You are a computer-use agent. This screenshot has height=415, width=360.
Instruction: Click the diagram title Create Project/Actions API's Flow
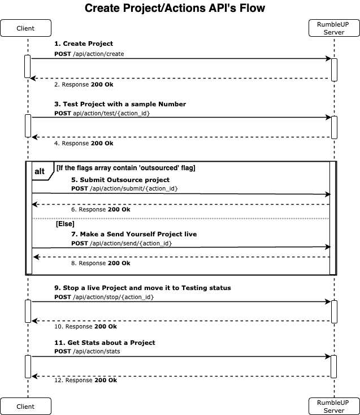pyautogui.click(x=175, y=8)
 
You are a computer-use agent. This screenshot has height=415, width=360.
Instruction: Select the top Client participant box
pyautogui.click(x=25, y=28)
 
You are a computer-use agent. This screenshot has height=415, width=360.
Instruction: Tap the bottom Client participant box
pyautogui.click(x=25, y=407)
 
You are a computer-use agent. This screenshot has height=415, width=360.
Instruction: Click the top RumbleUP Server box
pyautogui.click(x=334, y=28)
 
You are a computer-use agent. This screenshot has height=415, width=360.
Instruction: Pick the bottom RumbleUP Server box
pyautogui.click(x=334, y=407)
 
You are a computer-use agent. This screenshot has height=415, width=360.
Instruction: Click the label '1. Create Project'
pyautogui.click(x=84, y=44)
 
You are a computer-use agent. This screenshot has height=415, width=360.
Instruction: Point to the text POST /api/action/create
pyautogui.click(x=89, y=54)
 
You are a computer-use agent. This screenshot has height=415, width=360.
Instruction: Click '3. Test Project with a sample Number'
pyautogui.click(x=120, y=104)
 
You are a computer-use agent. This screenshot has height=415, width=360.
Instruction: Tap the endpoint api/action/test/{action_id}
pyautogui.click(x=111, y=113)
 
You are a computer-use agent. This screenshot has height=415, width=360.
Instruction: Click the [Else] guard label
pyautogui.click(x=66, y=224)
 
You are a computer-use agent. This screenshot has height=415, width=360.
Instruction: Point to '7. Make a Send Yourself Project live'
pyautogui.click(x=134, y=234)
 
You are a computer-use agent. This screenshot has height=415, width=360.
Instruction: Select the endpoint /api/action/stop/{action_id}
pyautogui.click(x=113, y=297)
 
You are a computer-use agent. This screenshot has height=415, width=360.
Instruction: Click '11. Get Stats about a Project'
pyautogui.click(x=105, y=343)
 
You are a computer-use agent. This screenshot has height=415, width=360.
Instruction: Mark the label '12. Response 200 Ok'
pyautogui.click(x=86, y=381)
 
